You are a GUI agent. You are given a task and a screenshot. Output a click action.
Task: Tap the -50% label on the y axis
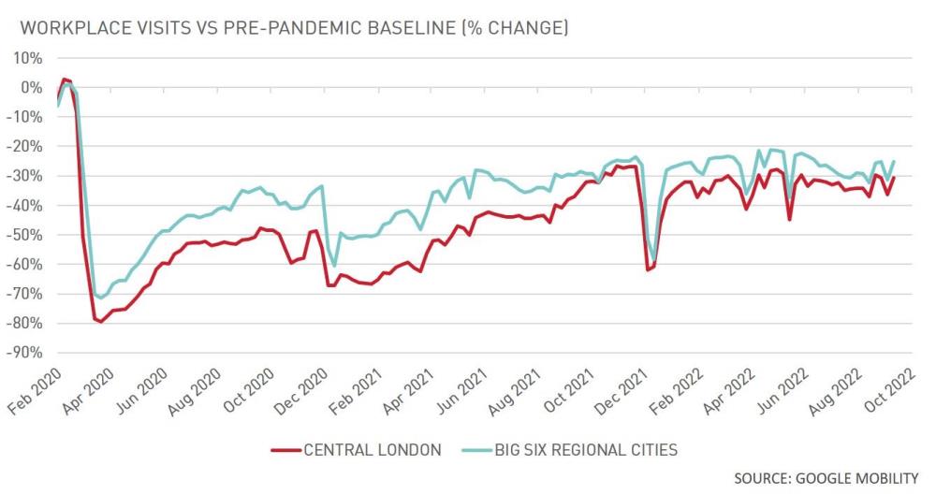pos(24,235)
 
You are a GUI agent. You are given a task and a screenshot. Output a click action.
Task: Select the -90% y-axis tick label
pos(24,353)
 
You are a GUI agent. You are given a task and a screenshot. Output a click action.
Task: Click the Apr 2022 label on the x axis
pos(731,390)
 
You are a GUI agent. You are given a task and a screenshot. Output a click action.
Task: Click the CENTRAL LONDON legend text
pos(372,449)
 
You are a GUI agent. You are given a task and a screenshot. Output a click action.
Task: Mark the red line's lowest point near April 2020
pos(101,322)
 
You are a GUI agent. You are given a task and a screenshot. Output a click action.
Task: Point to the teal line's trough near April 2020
pos(101,298)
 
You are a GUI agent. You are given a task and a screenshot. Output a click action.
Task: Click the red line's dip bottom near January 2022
pos(647,270)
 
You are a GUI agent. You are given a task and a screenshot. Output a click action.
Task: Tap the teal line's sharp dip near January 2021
pos(334,267)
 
